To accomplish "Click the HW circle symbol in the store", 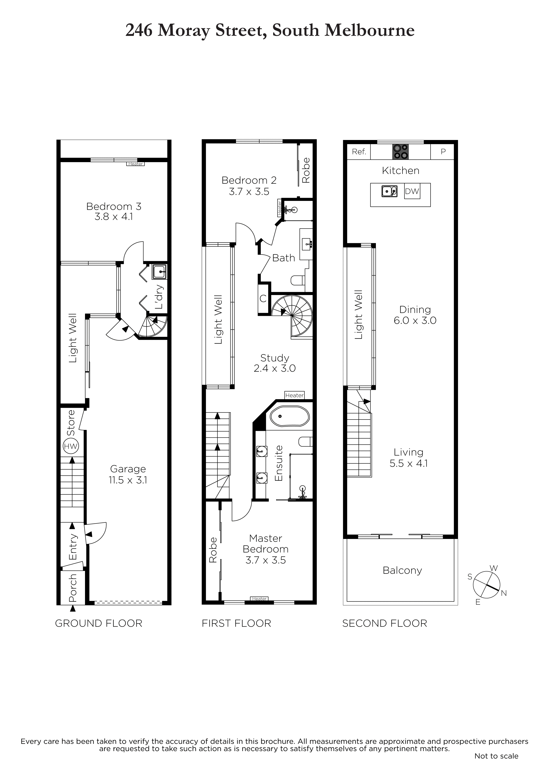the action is pyautogui.click(x=71, y=446).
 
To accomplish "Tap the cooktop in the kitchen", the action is pyautogui.click(x=400, y=152).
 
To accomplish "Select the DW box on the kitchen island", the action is pyautogui.click(x=412, y=191).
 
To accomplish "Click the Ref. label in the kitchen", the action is pyautogui.click(x=359, y=152).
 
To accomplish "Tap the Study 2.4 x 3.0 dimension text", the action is pyautogui.click(x=275, y=368).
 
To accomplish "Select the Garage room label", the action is pyautogui.click(x=128, y=469).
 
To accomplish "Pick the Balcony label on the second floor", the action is pyautogui.click(x=402, y=571).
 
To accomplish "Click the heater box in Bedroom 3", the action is pyautogui.click(x=135, y=164).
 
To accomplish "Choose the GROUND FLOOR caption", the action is pyautogui.click(x=99, y=623).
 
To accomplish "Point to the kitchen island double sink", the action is pyautogui.click(x=389, y=191).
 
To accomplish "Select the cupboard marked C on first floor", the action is pyautogui.click(x=263, y=299).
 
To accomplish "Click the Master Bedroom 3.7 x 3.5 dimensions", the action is pyautogui.click(x=266, y=560).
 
